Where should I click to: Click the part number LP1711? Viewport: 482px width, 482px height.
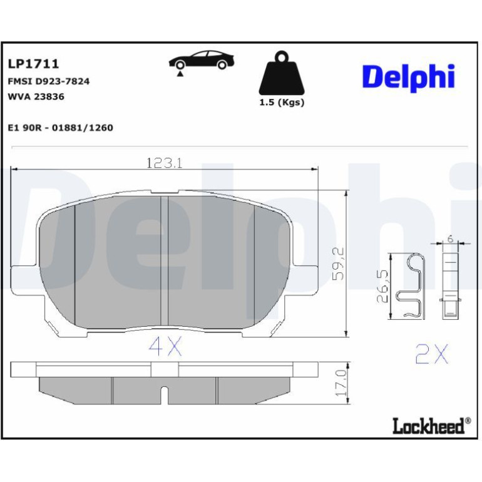(x=33, y=64)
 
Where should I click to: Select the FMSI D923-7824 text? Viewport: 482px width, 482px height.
(x=49, y=81)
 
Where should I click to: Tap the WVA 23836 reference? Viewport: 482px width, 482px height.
(x=36, y=97)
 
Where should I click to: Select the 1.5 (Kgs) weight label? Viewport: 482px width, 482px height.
(x=282, y=103)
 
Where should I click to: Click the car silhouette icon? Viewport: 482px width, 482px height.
(x=202, y=60)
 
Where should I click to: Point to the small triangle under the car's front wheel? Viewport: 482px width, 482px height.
(x=180, y=73)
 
